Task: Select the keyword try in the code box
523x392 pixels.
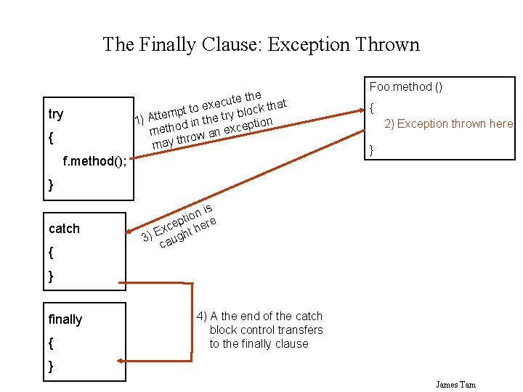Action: click(x=55, y=114)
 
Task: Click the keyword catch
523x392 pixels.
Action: click(x=64, y=229)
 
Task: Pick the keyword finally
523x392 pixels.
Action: click(x=65, y=319)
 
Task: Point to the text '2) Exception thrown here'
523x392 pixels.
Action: click(x=448, y=123)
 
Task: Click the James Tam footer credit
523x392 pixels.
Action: click(x=455, y=384)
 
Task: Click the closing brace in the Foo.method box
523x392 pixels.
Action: click(x=371, y=150)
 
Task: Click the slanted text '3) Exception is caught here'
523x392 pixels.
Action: click(x=179, y=225)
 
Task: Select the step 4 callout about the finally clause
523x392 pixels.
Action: click(x=259, y=330)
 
